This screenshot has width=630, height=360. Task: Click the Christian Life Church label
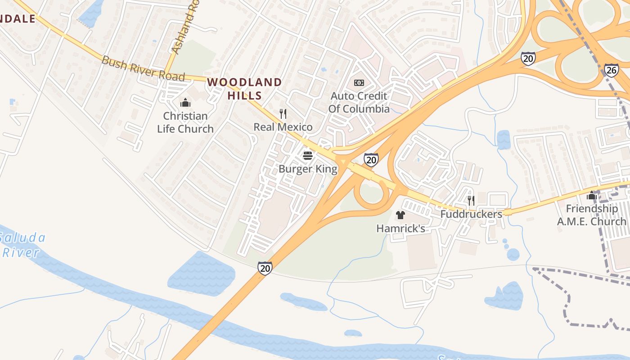pos(185,122)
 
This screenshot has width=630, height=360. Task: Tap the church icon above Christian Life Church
pos(185,103)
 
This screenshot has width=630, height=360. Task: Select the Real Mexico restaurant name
pos(283,127)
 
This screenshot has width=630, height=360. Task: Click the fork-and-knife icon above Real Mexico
pos(283,114)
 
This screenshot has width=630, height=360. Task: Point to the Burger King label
pos(308,169)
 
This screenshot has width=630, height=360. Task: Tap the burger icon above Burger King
pos(308,156)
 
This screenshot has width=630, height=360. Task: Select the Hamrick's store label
pos(400,229)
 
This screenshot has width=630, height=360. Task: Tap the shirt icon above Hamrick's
pos(400,215)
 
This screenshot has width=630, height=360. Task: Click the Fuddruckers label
pos(471,214)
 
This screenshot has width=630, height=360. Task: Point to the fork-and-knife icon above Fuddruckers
pos(471,200)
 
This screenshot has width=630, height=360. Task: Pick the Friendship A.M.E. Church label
pos(591,215)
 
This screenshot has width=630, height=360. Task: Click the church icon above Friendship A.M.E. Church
pos(591,196)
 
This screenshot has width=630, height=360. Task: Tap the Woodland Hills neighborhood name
pos(244,89)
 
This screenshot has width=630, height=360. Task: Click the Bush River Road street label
pos(143,68)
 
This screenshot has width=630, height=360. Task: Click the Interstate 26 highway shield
pos(611,70)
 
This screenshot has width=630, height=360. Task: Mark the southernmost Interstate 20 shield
pos(265,268)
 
